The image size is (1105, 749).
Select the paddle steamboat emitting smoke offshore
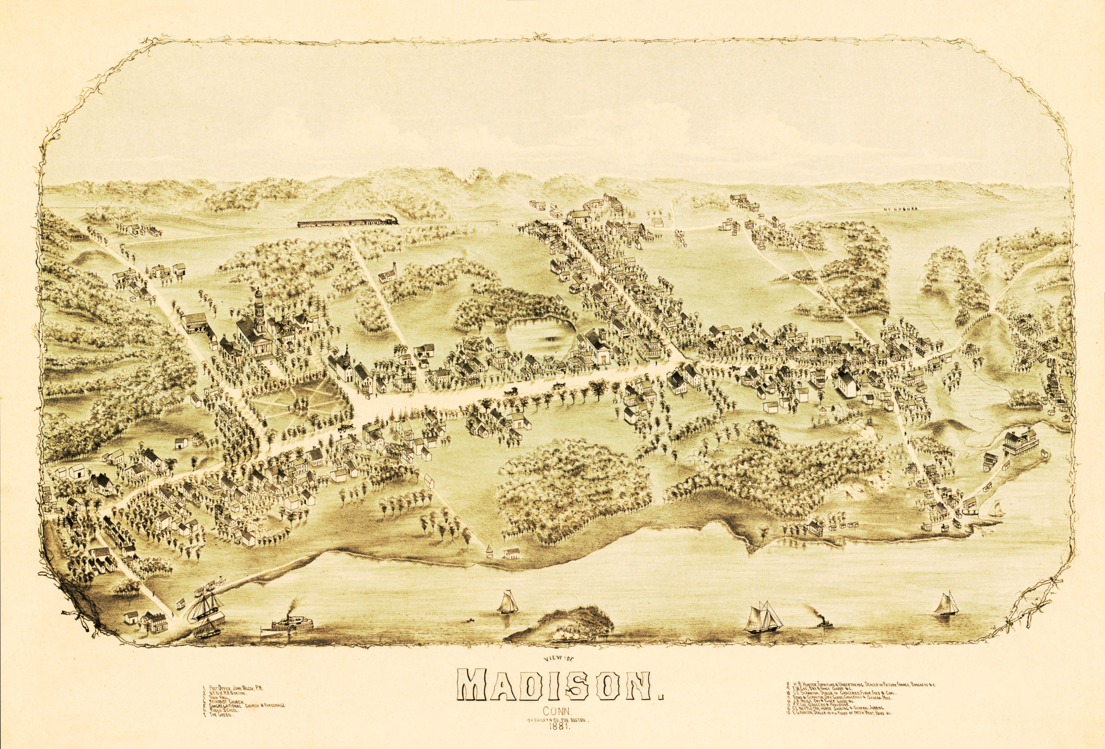click(x=287, y=624)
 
